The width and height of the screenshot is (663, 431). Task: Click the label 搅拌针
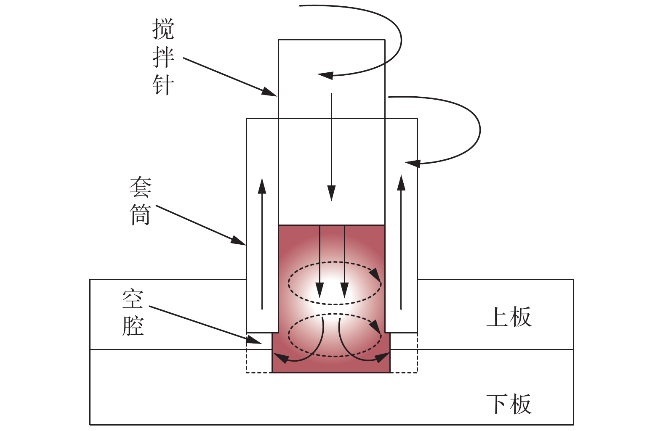163,57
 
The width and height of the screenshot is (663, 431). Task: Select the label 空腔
133,312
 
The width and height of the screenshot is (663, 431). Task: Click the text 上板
509,317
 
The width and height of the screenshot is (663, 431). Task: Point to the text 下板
509,404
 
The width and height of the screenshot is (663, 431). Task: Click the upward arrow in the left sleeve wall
262,244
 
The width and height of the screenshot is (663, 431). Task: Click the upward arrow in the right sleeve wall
401,242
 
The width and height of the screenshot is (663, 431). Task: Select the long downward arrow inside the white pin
331,147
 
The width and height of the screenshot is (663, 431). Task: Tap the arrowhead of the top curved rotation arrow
325,76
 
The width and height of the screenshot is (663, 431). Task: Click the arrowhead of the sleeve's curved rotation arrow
413,163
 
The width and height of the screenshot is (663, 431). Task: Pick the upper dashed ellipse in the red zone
335,283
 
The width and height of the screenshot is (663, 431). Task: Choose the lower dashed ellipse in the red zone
335,335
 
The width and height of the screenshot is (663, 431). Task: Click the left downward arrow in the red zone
320,261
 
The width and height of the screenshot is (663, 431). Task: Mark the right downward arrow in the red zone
345,261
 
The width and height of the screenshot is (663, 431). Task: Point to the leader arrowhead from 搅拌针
269,92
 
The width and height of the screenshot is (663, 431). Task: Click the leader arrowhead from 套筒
239,241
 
